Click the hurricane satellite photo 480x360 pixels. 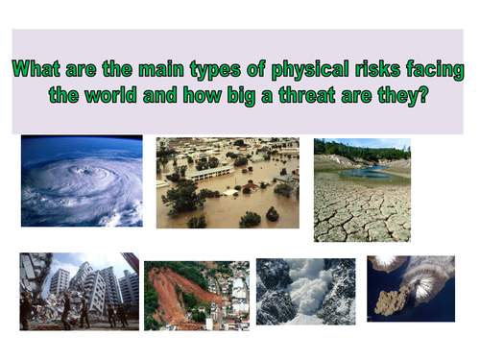pyautogui.click(x=82, y=180)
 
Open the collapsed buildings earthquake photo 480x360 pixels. pyautogui.click(x=79, y=290)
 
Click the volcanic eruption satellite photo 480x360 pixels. pyautogui.click(x=410, y=287)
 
